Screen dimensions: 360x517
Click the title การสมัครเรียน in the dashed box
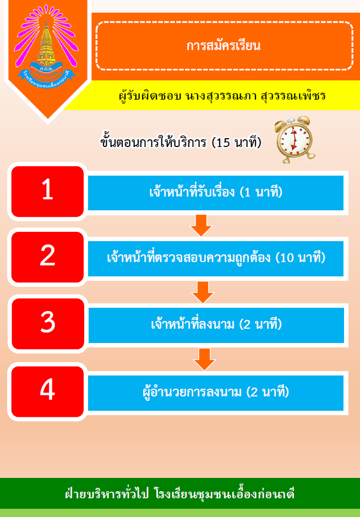point(223,46)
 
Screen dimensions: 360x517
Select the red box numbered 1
point(47,192)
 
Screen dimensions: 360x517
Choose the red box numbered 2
point(47,257)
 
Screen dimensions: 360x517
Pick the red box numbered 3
point(48,324)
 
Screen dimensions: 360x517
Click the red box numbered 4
point(47,391)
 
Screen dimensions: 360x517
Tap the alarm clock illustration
point(294,140)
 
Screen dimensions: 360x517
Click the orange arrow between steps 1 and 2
point(201,226)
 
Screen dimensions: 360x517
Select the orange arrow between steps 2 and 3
point(203,292)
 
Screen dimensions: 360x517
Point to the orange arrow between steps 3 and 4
point(204,359)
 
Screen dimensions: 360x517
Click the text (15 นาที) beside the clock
point(236,143)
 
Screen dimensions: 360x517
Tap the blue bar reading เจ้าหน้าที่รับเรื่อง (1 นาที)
point(216,193)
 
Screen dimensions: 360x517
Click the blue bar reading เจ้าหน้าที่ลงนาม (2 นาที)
point(216,325)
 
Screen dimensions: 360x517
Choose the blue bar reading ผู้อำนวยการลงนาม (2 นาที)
point(216,393)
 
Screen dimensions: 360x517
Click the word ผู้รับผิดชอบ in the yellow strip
point(149,96)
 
